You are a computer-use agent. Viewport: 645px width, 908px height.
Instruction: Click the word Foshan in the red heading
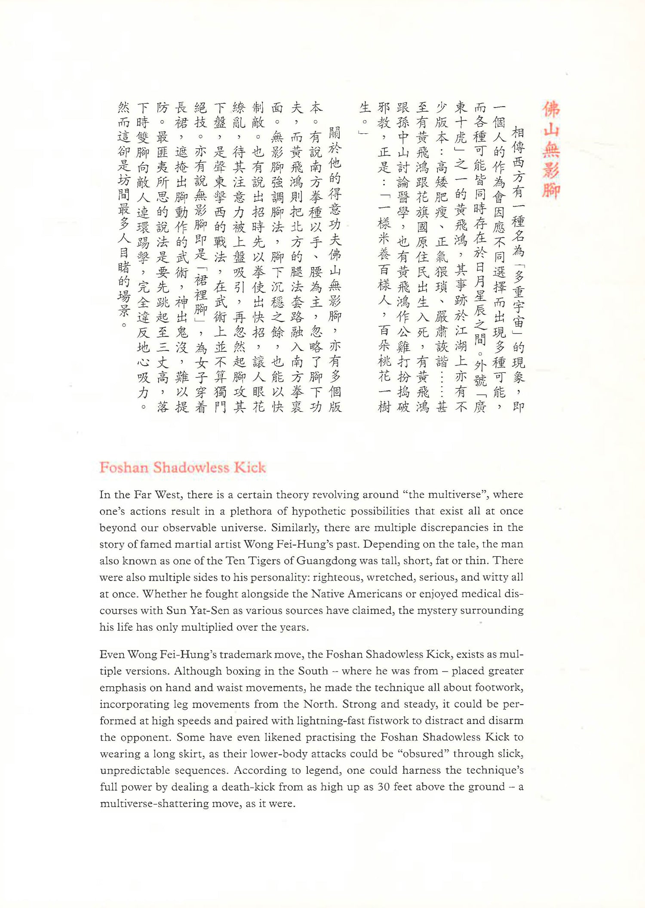coord(124,467)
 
